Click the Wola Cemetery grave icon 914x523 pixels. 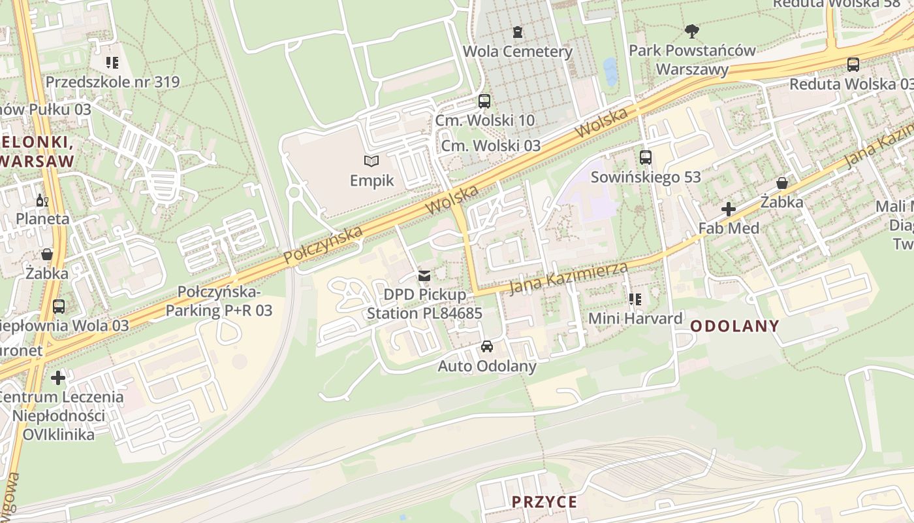pyautogui.click(x=518, y=31)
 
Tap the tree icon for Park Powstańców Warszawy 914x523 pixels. pyautogui.click(x=692, y=30)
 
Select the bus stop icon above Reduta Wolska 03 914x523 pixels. pyautogui.click(x=853, y=64)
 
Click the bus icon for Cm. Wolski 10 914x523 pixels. pyautogui.click(x=484, y=101)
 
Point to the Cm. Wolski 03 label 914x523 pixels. pyautogui.click(x=491, y=145)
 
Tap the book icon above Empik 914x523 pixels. pyautogui.click(x=371, y=160)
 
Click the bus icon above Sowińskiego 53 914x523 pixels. pyautogui.click(x=646, y=157)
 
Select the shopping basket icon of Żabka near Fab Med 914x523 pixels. pyautogui.click(x=781, y=183)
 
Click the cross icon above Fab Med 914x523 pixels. pyautogui.click(x=729, y=209)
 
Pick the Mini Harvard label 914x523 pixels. pyautogui.click(x=635, y=318)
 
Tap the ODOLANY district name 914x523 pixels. pyautogui.click(x=734, y=326)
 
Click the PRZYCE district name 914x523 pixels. pyautogui.click(x=544, y=501)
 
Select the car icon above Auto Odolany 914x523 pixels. pyautogui.click(x=486, y=346)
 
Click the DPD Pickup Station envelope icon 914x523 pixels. pyautogui.click(x=424, y=275)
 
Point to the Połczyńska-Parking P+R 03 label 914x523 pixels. pyautogui.click(x=219, y=301)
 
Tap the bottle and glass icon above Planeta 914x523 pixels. pyautogui.click(x=42, y=200)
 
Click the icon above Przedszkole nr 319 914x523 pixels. pyautogui.click(x=112, y=63)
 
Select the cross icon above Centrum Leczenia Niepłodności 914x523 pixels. pyautogui.click(x=58, y=377)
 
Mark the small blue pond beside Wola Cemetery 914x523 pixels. pyautogui.click(x=610, y=71)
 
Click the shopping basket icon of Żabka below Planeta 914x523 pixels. pyautogui.click(x=46, y=254)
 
